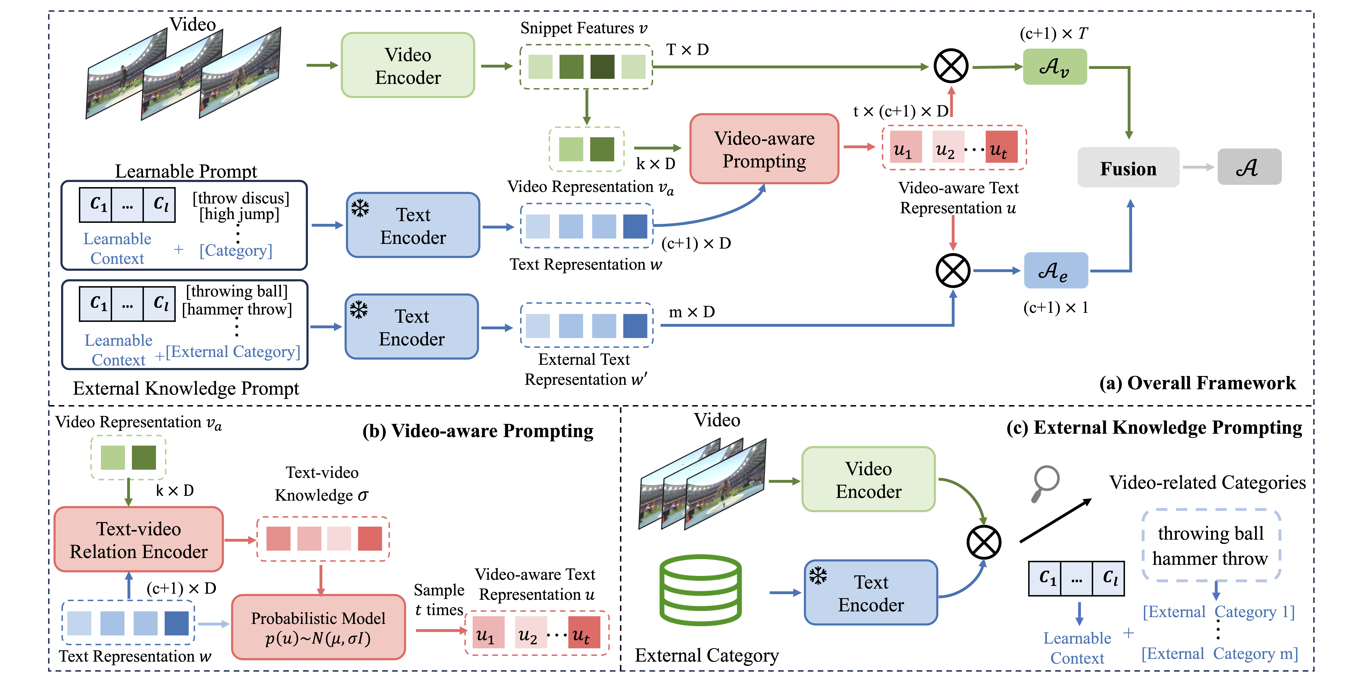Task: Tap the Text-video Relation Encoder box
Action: pos(139,540)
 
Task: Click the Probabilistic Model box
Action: pos(318,627)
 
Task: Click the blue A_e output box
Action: pos(1056,271)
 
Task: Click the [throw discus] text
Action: pos(241,198)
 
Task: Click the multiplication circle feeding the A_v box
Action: pos(951,67)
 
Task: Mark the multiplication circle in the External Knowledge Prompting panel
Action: pos(984,542)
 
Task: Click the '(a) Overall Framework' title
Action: pos(1197,383)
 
